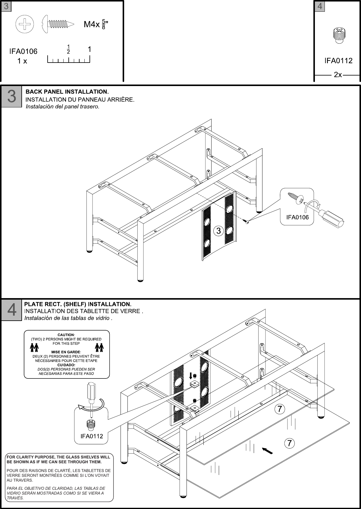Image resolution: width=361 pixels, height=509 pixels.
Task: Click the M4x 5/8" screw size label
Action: pos(96,25)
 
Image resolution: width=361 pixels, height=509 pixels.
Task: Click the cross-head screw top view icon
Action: pos(25,24)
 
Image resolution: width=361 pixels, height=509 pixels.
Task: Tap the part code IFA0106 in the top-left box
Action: pos(24,51)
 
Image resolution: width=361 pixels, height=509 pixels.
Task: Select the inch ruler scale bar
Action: pos(69,60)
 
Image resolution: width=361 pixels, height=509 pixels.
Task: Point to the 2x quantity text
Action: pos(338,75)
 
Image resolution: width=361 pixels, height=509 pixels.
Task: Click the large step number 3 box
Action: pos(11,97)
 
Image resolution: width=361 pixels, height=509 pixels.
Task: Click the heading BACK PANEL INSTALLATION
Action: pos(67,91)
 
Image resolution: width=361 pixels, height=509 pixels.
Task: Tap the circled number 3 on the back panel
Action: pos(218,231)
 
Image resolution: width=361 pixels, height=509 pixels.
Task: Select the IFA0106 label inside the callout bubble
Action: pos(297,217)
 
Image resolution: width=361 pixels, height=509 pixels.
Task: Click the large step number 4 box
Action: pos(11,310)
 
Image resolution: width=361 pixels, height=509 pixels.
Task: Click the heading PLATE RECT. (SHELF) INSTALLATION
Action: pos(78,304)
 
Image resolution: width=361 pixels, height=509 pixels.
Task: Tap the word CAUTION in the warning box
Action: pos(66,335)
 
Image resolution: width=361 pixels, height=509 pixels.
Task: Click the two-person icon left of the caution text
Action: pos(34,347)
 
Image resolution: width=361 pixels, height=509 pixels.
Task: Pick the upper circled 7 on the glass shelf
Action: pos(280,409)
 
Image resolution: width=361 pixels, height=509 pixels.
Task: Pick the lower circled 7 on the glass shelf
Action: pos(289,443)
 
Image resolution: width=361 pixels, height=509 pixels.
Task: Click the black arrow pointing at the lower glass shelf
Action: pos(267,451)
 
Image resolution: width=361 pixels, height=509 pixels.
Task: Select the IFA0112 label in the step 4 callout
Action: pos(92,436)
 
